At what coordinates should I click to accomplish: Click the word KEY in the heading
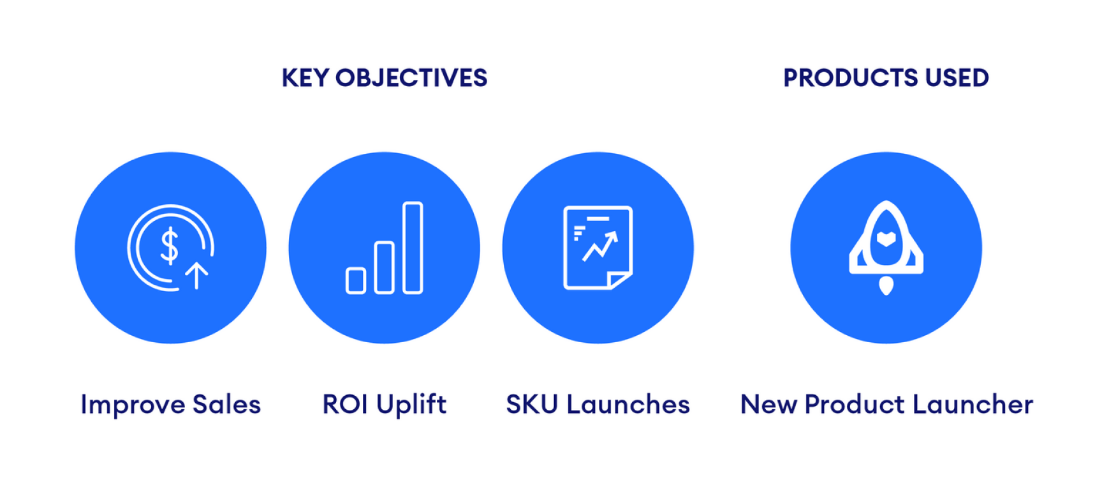[x=305, y=78]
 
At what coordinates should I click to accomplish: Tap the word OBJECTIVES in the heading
[x=411, y=78]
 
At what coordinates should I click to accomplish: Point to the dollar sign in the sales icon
[x=170, y=246]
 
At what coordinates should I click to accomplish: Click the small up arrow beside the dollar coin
[x=196, y=275]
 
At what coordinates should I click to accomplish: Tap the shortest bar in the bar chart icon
[x=356, y=281]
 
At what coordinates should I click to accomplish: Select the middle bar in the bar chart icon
[x=384, y=267]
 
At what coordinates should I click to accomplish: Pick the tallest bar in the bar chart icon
[x=413, y=248]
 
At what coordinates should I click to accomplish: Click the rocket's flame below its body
[x=886, y=285]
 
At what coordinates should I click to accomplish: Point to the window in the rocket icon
[x=886, y=239]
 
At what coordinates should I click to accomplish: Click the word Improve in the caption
[x=133, y=405]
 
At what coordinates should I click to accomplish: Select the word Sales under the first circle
[x=226, y=405]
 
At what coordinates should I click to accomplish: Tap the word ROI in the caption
[x=345, y=405]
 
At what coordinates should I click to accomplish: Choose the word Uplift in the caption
[x=411, y=405]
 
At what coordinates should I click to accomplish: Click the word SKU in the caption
[x=532, y=405]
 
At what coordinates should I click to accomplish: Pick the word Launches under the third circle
[x=628, y=405]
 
